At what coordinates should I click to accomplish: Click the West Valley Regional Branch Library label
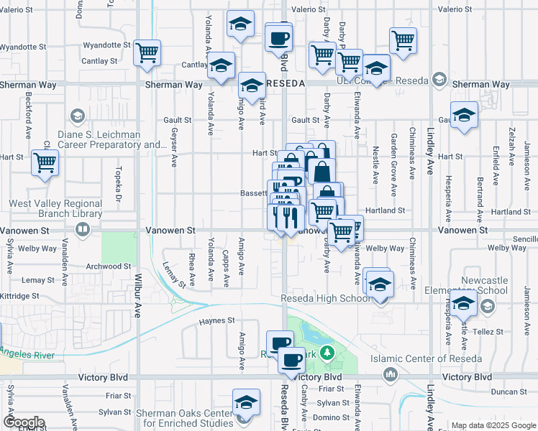coord(55,208)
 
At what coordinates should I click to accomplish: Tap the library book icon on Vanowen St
coord(83,230)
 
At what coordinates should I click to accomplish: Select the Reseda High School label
coord(326,298)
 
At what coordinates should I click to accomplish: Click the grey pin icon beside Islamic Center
coord(391,374)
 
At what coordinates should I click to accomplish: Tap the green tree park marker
coord(327,352)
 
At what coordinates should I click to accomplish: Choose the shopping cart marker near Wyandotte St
coord(147,52)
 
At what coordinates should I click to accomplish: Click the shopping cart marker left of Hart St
coord(45,162)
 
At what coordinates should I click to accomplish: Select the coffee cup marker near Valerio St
coord(278,37)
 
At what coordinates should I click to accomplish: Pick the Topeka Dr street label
coord(118,188)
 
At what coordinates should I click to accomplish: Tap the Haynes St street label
coord(217,320)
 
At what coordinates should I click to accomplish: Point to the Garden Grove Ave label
coord(394,164)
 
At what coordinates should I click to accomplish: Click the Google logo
coord(24,422)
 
